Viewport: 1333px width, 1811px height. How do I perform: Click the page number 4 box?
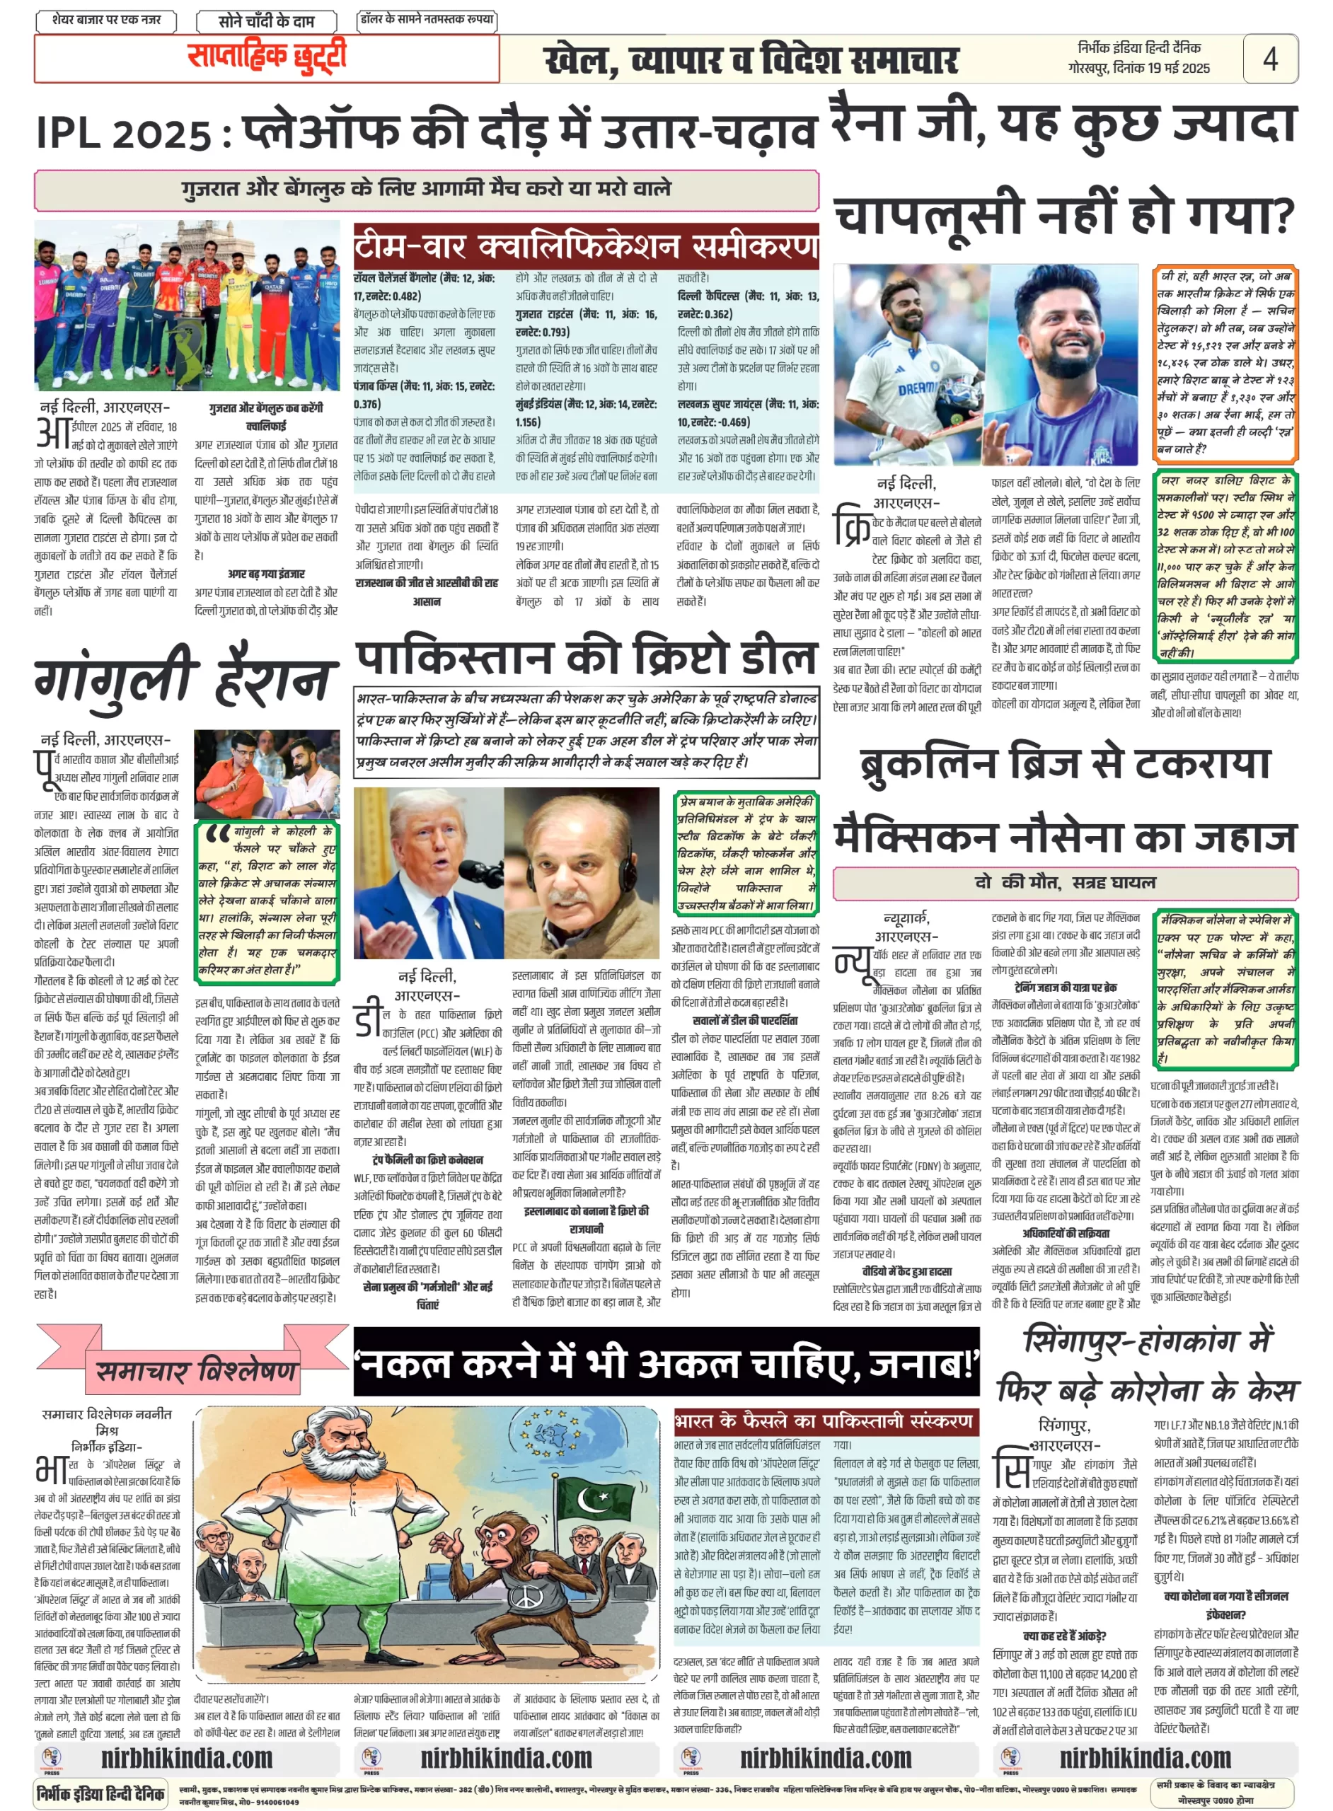coord(1269,58)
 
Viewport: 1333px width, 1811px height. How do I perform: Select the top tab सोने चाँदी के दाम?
coord(265,21)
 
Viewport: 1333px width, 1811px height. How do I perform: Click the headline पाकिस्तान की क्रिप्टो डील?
coord(587,656)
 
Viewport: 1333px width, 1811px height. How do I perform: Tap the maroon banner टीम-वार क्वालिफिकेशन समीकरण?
coord(586,246)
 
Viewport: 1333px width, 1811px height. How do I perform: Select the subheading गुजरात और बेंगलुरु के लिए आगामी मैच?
coord(426,190)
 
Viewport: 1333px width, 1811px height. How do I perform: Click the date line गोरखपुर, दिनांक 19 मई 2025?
coord(1138,69)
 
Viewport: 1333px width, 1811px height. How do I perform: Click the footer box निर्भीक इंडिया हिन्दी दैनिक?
coord(102,1793)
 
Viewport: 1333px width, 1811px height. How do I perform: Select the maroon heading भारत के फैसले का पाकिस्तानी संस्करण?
coord(823,1421)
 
